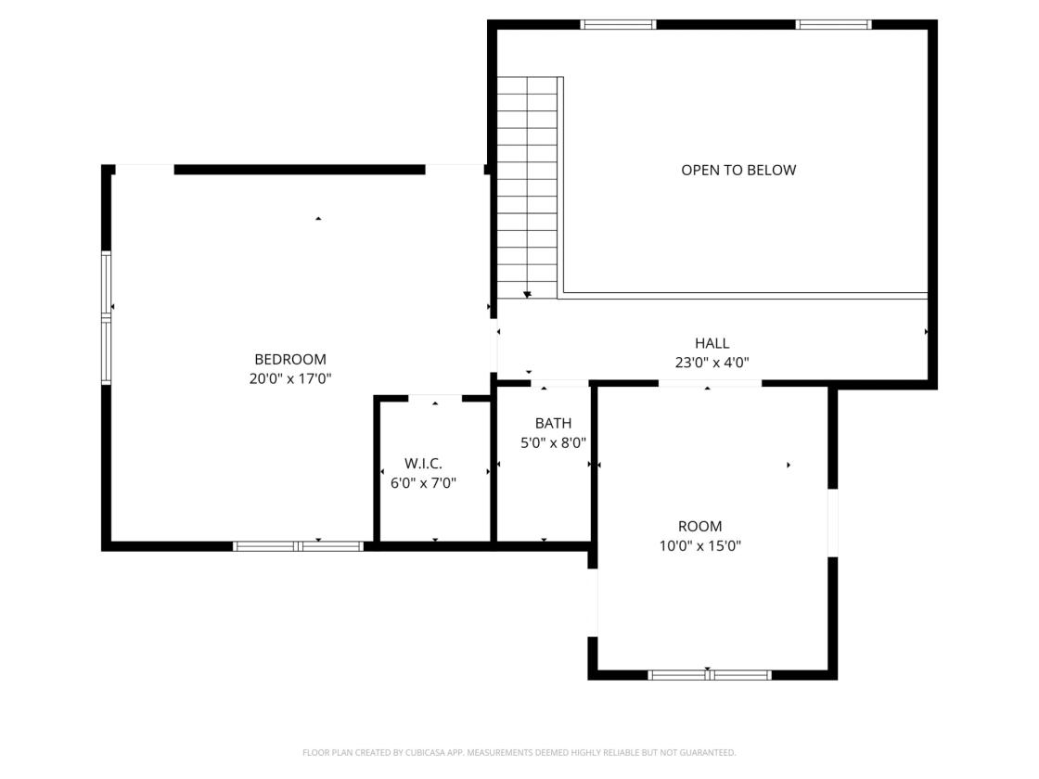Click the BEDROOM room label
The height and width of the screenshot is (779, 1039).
(290, 360)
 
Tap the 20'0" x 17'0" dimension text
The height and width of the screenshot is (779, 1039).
(290, 379)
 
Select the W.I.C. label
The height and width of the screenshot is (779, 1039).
(423, 464)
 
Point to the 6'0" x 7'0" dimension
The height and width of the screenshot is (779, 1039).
(423, 483)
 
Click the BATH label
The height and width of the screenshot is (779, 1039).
(553, 423)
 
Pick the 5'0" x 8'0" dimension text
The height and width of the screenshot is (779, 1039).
(553, 442)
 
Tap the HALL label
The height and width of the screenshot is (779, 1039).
(712, 343)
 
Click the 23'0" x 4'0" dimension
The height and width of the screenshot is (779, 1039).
(712, 363)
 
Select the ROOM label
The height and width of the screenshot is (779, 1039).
(699, 527)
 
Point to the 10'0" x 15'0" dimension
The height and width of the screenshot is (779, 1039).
(699, 546)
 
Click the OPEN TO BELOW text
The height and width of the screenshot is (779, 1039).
(738, 171)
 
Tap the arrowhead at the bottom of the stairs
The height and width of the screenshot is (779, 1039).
(528, 294)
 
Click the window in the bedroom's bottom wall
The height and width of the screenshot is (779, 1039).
(298, 546)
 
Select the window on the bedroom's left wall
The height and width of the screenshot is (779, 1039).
(106, 317)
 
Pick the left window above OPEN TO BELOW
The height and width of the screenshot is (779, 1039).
(618, 24)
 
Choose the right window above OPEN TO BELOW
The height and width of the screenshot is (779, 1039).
(834, 24)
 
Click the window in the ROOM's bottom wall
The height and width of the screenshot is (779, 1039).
(710, 675)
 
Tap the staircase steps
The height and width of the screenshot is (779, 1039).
(528, 187)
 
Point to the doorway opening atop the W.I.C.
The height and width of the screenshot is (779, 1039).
(435, 398)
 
